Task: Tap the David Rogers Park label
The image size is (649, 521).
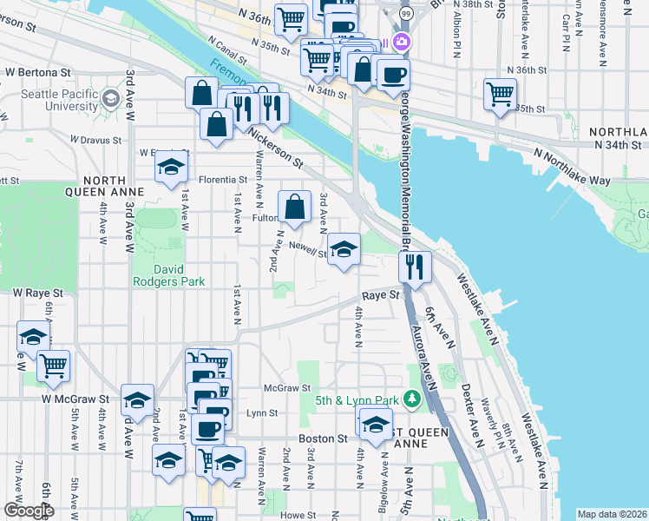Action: [167, 274]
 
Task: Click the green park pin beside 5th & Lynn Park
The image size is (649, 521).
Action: [413, 400]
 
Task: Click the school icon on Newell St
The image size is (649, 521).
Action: [344, 250]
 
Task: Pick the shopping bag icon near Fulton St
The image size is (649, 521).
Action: [294, 207]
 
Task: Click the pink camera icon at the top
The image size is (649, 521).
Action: [402, 41]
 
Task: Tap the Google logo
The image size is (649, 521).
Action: [28, 511]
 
